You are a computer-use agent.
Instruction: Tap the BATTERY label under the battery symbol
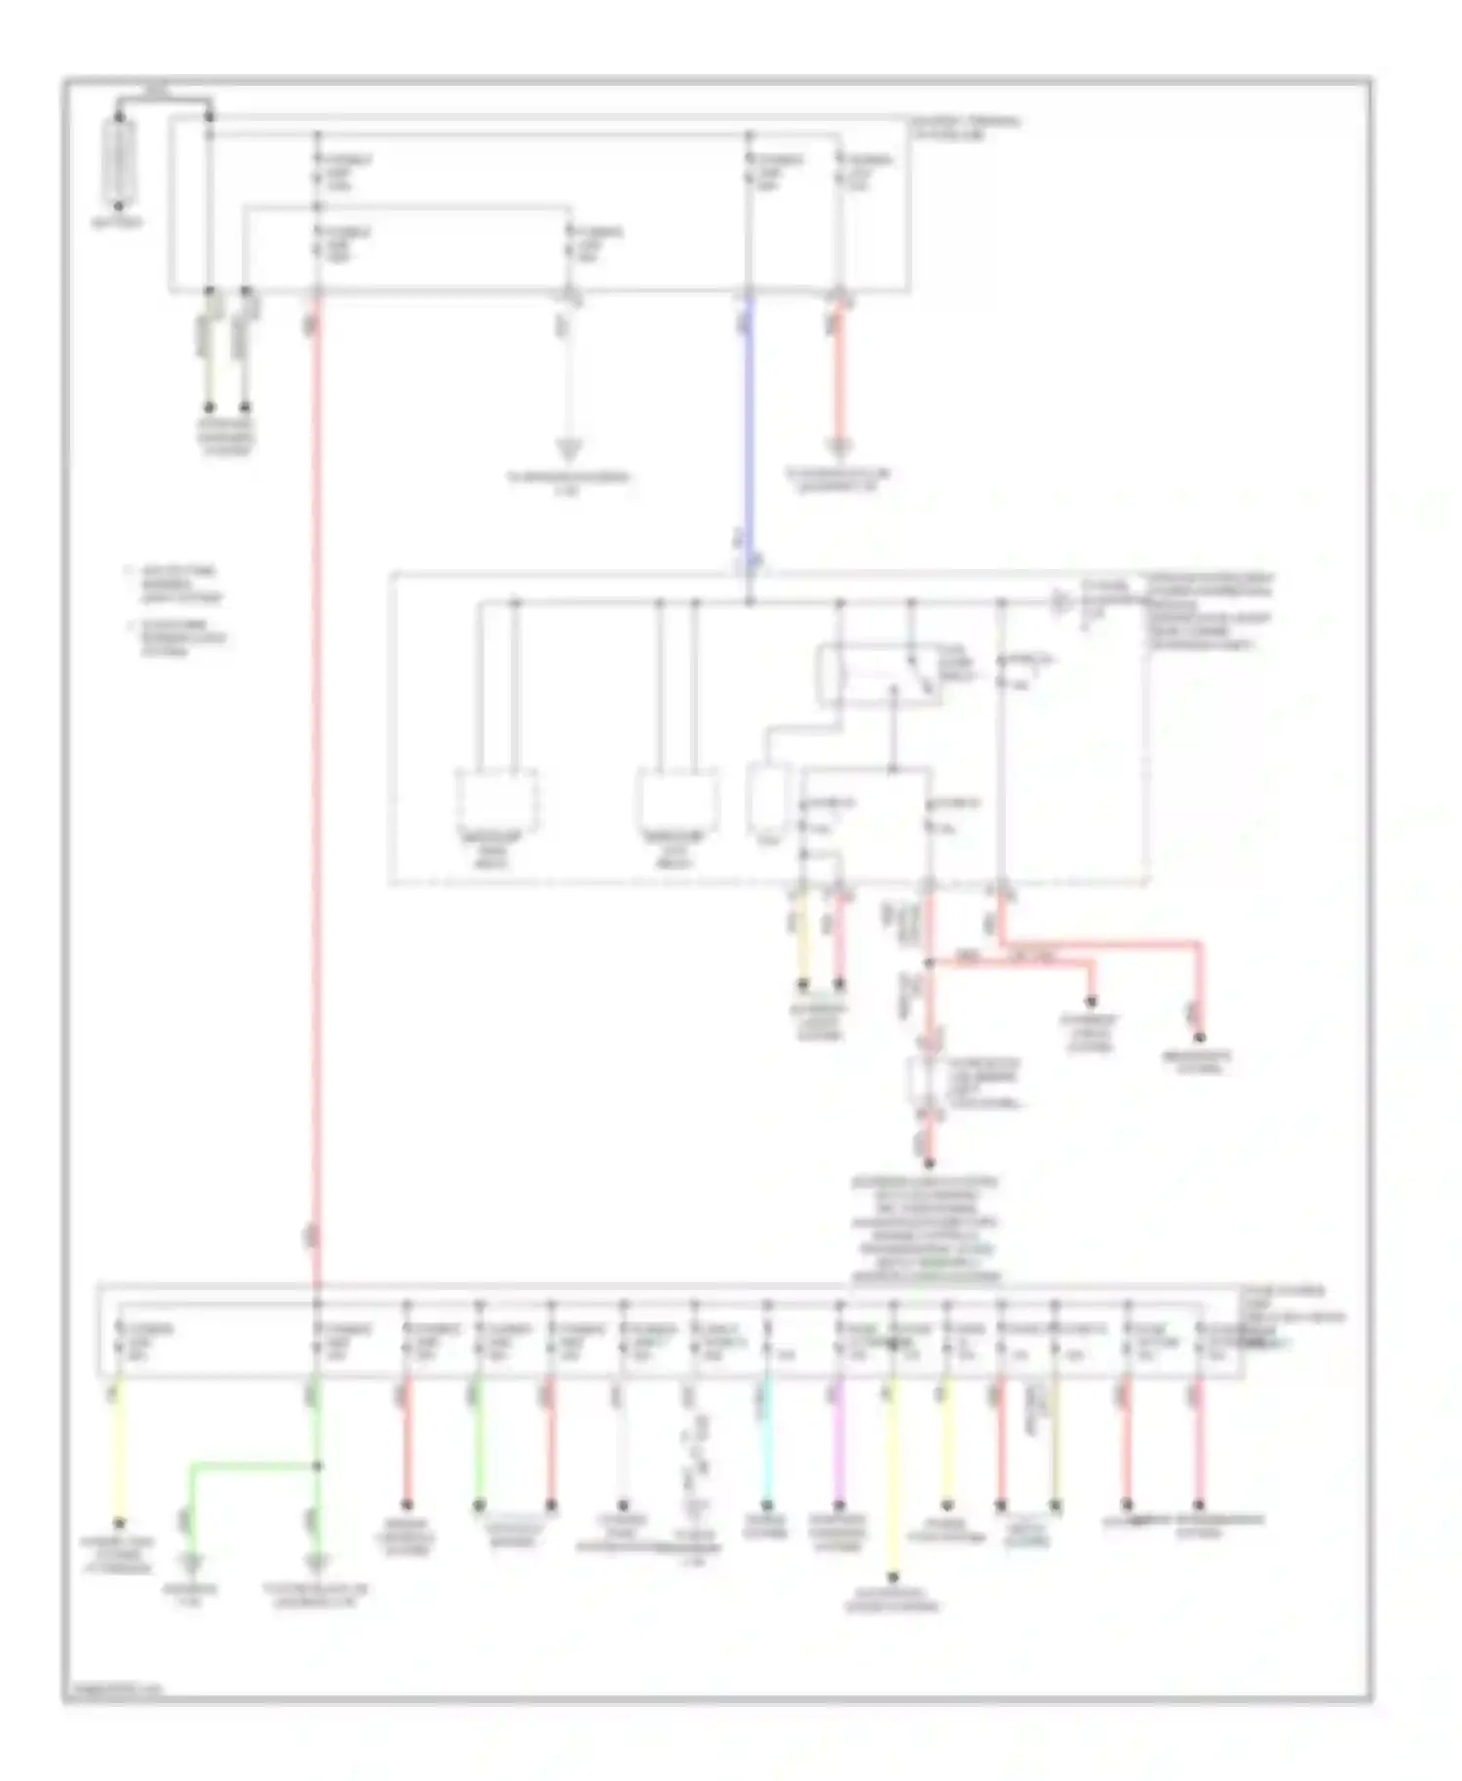pos(118,222)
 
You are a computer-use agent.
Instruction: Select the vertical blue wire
pos(749,429)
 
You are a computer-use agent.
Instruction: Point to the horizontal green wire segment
pos(253,1463)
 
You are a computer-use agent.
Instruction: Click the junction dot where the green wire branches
pos(317,1464)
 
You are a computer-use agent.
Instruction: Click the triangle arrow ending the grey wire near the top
pos(568,450)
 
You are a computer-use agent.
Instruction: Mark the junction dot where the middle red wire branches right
pos(929,962)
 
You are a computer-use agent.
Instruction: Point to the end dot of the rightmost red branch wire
pos(1200,1037)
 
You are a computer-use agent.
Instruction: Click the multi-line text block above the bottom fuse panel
pos(925,1231)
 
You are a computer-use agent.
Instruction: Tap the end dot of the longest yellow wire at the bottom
pos(893,1575)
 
